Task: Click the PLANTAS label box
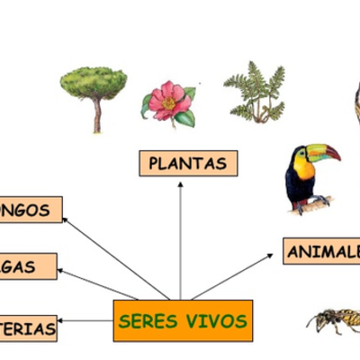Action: coord(188,164)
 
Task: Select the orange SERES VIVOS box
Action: coord(184,321)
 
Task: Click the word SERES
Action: coord(148,321)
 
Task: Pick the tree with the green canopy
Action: coord(93,84)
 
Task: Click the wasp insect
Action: coord(335,318)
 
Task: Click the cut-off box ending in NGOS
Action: coord(31,210)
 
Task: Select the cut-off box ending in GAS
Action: coord(28,266)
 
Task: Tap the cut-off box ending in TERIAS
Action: coord(28,329)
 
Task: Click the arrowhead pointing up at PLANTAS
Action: coord(180,184)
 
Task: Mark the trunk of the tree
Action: coord(96,114)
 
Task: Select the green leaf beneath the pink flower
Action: coord(184,118)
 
